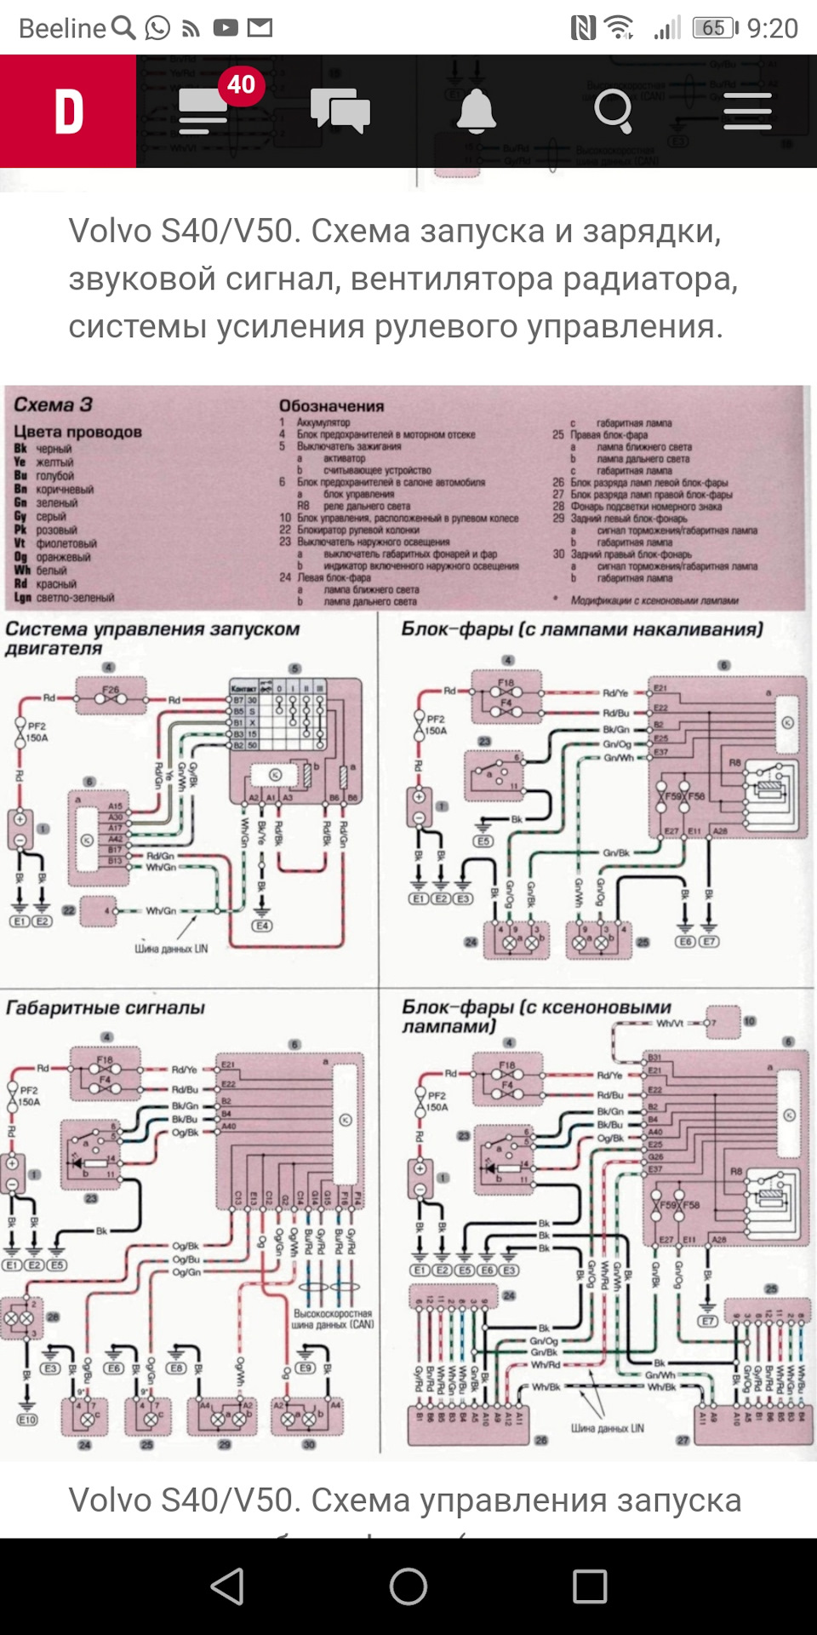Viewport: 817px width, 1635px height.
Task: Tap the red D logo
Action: (x=68, y=112)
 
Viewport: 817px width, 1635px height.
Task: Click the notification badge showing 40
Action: (x=241, y=84)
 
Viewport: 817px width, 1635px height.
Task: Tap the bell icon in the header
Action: (x=476, y=112)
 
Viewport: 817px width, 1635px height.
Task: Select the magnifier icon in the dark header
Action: (x=613, y=112)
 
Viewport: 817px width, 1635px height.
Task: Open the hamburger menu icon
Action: (x=747, y=112)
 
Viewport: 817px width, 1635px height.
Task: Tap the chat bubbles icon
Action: (x=340, y=112)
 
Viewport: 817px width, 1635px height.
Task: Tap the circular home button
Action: (x=408, y=1586)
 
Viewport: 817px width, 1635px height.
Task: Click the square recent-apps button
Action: (x=590, y=1586)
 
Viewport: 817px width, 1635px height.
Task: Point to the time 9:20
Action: (x=773, y=28)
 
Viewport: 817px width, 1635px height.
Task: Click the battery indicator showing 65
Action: (x=714, y=28)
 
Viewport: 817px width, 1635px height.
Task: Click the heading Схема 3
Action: (x=53, y=404)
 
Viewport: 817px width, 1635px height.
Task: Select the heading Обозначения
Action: (x=332, y=406)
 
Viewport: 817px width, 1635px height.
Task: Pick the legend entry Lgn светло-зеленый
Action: (x=64, y=598)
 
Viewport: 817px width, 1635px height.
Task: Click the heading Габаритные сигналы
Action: (x=106, y=1008)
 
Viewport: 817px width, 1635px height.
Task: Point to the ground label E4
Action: (x=262, y=926)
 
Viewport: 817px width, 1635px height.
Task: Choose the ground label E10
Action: (x=27, y=1420)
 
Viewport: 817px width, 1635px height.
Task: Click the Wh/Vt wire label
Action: (x=670, y=1024)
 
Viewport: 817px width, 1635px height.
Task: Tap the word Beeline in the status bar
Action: (x=62, y=28)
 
